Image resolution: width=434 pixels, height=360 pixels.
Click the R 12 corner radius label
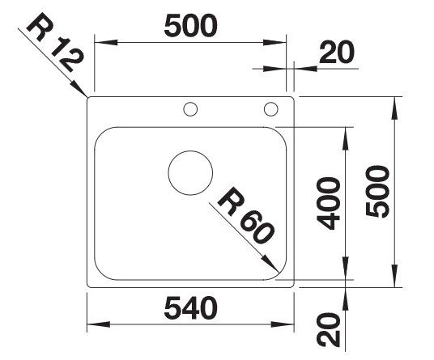pos(55,41)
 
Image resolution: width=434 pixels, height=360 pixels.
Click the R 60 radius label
pos(246,216)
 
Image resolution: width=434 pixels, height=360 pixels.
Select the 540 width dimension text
pos(191,307)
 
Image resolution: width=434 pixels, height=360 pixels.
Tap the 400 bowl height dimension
pos(328,203)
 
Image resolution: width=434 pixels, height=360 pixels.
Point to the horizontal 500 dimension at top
pos(191,26)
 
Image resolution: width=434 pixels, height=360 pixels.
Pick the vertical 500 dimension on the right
pos(377,192)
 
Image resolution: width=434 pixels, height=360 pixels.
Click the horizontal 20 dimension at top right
pos(337,52)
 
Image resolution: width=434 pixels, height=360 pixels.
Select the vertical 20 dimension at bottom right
pos(328,330)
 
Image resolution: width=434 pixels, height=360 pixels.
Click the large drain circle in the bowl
pos(190,151)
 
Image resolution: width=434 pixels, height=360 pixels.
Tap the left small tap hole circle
pos(190,102)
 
